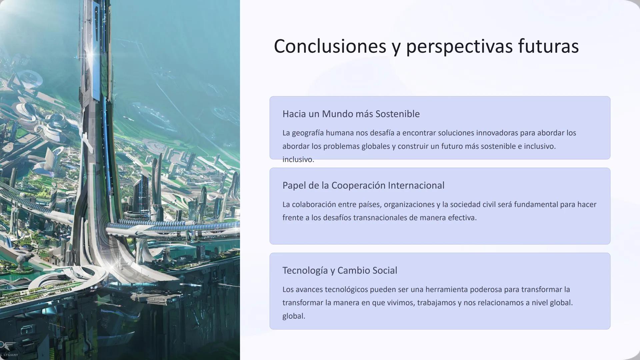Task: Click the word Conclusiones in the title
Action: click(x=330, y=46)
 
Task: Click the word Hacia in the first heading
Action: click(x=294, y=114)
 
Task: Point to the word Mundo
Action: click(x=337, y=114)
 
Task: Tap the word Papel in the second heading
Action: click(x=294, y=185)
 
